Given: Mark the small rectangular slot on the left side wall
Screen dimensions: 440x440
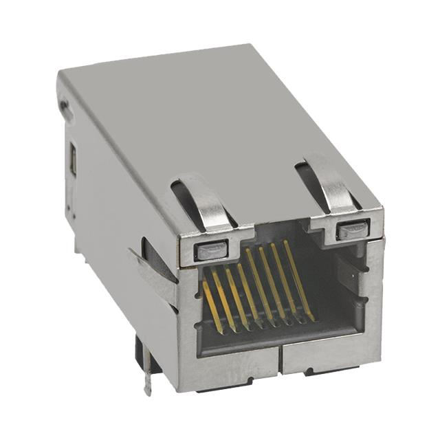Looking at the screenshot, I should point(73,161).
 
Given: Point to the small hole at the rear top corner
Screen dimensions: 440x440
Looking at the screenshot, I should point(65,109).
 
